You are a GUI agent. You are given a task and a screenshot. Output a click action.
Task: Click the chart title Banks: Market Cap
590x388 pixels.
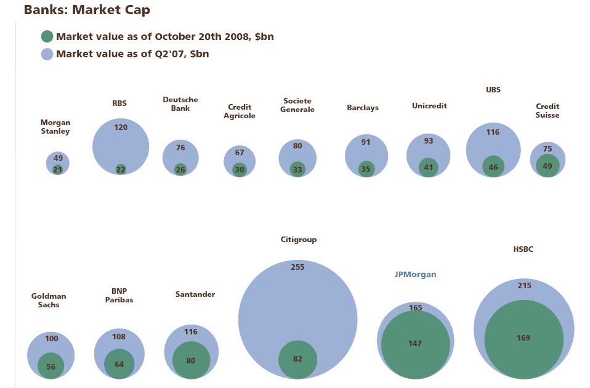(x=86, y=10)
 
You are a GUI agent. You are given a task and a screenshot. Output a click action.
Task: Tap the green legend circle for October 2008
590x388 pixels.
(x=47, y=36)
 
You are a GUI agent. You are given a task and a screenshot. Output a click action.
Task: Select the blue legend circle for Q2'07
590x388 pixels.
(x=47, y=54)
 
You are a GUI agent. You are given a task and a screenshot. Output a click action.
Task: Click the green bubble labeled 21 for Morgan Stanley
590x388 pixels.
(x=57, y=170)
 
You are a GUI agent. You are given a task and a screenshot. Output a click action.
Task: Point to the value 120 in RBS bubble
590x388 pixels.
(x=121, y=127)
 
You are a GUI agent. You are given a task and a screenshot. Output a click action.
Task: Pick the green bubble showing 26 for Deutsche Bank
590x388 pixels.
(x=180, y=169)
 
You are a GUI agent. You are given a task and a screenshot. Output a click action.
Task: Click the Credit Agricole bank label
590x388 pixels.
(x=240, y=111)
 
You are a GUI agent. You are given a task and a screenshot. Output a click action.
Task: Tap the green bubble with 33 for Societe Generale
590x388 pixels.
(x=297, y=169)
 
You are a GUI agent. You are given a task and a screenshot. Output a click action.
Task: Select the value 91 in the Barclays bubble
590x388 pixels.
(x=366, y=142)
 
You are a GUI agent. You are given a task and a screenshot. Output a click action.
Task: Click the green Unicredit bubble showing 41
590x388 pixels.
(x=428, y=167)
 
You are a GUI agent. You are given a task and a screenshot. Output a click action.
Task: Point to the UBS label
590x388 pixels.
(x=493, y=89)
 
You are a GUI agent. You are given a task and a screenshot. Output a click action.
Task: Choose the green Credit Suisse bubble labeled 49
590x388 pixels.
(x=548, y=166)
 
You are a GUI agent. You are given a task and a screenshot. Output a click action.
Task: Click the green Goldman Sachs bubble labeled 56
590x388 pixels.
(x=51, y=366)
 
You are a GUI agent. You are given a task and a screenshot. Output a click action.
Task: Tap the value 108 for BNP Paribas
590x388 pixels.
(x=119, y=337)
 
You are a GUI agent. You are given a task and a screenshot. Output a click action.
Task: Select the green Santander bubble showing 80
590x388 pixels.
(x=191, y=360)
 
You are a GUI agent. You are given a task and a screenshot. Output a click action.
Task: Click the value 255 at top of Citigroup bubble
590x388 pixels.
(x=297, y=267)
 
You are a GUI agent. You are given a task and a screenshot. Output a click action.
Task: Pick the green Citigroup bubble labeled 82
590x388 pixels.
(x=297, y=359)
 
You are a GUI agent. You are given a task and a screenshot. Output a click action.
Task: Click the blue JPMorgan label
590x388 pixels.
(x=415, y=275)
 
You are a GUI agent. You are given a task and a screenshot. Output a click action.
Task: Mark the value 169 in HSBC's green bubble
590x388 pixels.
(x=523, y=338)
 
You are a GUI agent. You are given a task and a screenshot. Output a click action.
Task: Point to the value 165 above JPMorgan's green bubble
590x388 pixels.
(x=416, y=308)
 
